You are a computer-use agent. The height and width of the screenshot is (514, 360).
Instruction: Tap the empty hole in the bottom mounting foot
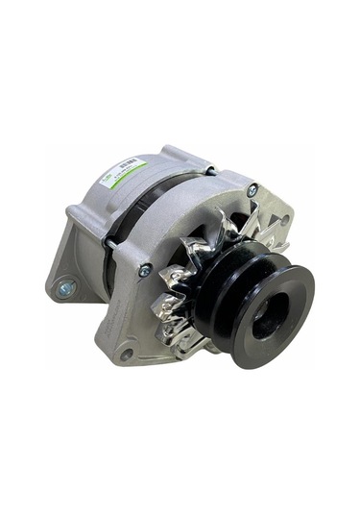coord(126,355)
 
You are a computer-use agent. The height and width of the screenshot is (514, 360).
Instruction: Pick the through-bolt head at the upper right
coord(252,190)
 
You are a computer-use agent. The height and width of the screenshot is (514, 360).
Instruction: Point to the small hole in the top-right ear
coord(284,219)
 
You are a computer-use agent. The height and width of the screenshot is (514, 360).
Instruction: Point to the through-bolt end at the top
coord(211,170)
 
